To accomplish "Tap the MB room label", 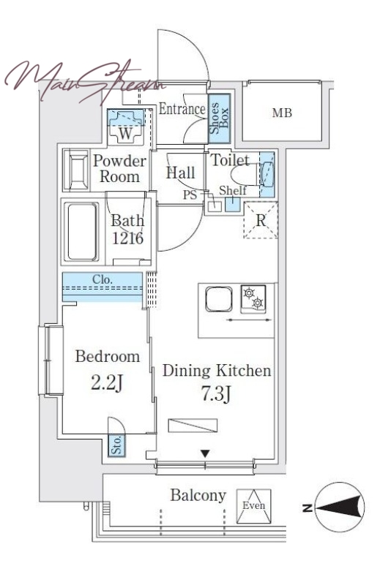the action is click(282, 113).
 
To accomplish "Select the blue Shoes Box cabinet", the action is click(219, 118).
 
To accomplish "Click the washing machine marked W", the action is click(125, 127).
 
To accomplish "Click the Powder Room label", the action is click(119, 169).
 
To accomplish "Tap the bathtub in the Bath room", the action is click(81, 232).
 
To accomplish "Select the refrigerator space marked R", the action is click(261, 220).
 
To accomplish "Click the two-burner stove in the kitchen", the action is click(253, 299).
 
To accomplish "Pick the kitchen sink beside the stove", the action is click(219, 299).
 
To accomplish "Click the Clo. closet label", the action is click(102, 279).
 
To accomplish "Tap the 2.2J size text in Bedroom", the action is click(107, 382).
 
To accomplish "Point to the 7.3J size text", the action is click(216, 393).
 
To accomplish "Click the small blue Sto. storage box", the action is click(117, 445).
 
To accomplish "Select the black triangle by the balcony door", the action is click(205, 454).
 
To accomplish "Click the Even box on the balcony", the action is click(254, 506).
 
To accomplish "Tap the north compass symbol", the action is click(339, 507).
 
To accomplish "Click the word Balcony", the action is click(198, 496).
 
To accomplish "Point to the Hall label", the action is click(181, 173).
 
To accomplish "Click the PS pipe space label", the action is click(190, 195).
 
